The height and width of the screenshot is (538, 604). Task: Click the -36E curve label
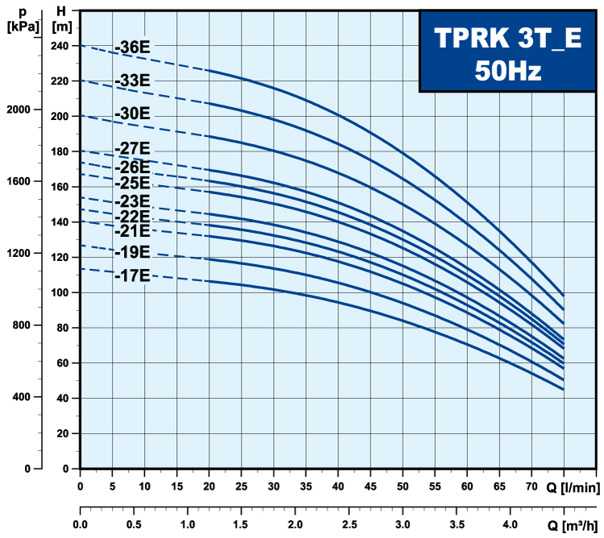point(132,48)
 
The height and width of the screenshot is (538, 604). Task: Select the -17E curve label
point(132,275)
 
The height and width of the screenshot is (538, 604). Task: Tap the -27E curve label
point(132,148)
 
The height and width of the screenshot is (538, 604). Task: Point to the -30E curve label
point(132,114)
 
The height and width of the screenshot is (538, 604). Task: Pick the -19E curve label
point(132,252)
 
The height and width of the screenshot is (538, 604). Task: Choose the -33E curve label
point(132,81)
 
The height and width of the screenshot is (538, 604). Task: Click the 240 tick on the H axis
point(60,45)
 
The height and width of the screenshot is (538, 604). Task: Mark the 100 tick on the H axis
point(60,292)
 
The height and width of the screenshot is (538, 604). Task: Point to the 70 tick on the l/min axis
point(532,486)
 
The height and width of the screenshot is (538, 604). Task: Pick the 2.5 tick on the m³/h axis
point(349,524)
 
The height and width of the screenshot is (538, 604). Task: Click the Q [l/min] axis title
point(573,486)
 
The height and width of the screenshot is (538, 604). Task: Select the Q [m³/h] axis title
point(573,524)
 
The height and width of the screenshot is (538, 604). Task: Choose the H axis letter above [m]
point(61,11)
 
